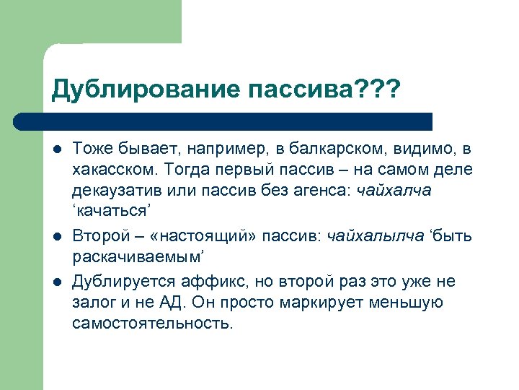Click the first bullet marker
(x=56, y=149)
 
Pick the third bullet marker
(x=56, y=282)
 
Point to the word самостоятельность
(x=152, y=323)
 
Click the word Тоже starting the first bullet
(x=89, y=149)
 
